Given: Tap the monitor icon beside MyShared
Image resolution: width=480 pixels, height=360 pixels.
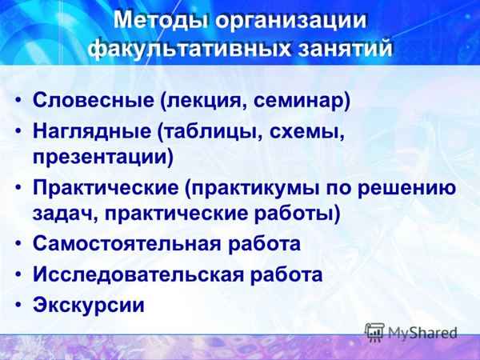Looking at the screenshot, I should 374,331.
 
